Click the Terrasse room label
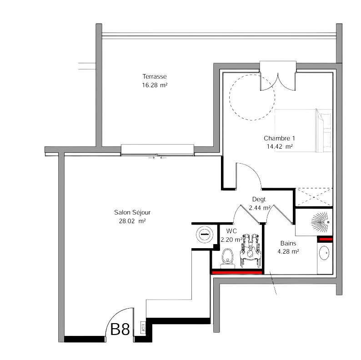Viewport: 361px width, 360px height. point(155,76)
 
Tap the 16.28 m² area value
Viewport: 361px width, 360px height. point(155,85)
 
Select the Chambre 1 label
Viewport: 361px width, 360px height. point(279,138)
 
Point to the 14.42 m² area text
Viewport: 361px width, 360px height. point(280,146)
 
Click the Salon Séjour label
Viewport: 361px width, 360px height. point(132,212)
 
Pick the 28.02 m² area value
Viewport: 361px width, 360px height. point(132,221)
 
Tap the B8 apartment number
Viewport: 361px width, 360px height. point(120,329)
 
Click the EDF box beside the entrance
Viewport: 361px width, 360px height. point(143,327)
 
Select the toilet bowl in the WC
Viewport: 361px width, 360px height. point(228,258)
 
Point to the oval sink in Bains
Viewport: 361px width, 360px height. point(324,253)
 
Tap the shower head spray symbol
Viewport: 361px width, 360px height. point(320,222)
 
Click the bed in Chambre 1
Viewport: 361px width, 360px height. point(303,130)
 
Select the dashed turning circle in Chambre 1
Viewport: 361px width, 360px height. point(252,75)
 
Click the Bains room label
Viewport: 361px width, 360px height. point(288,243)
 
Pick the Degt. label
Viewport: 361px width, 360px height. point(259,200)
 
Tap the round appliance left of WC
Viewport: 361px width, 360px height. point(205,234)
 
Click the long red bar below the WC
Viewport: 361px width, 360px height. point(237,273)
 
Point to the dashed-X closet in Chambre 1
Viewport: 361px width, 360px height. point(314,197)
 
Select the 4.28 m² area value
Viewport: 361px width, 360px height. point(288,251)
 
